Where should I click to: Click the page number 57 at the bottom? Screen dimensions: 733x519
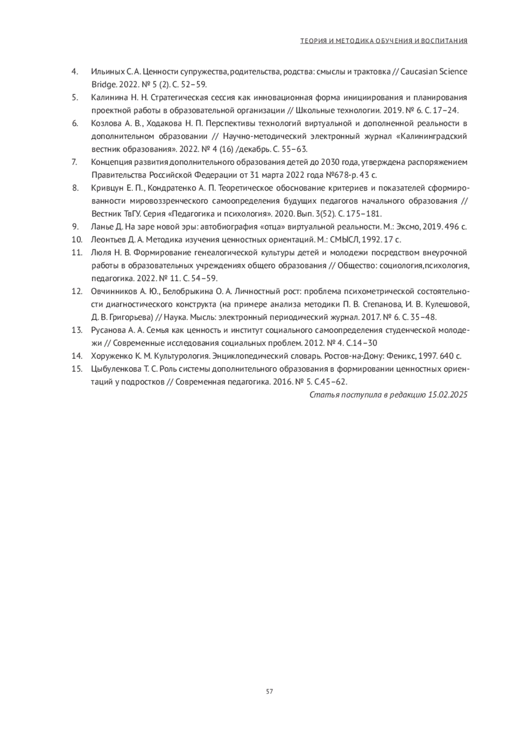pyautogui.click(x=269, y=691)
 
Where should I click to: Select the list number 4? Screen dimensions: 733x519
pyautogui.click(x=74, y=71)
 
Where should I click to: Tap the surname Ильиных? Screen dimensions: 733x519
pyautogui.click(x=102, y=71)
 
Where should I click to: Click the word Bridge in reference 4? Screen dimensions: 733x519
pyautogui.click(x=101, y=84)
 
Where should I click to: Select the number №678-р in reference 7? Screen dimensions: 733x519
pyautogui.click(x=339, y=175)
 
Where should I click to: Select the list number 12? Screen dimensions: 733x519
pyautogui.click(x=77, y=291)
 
